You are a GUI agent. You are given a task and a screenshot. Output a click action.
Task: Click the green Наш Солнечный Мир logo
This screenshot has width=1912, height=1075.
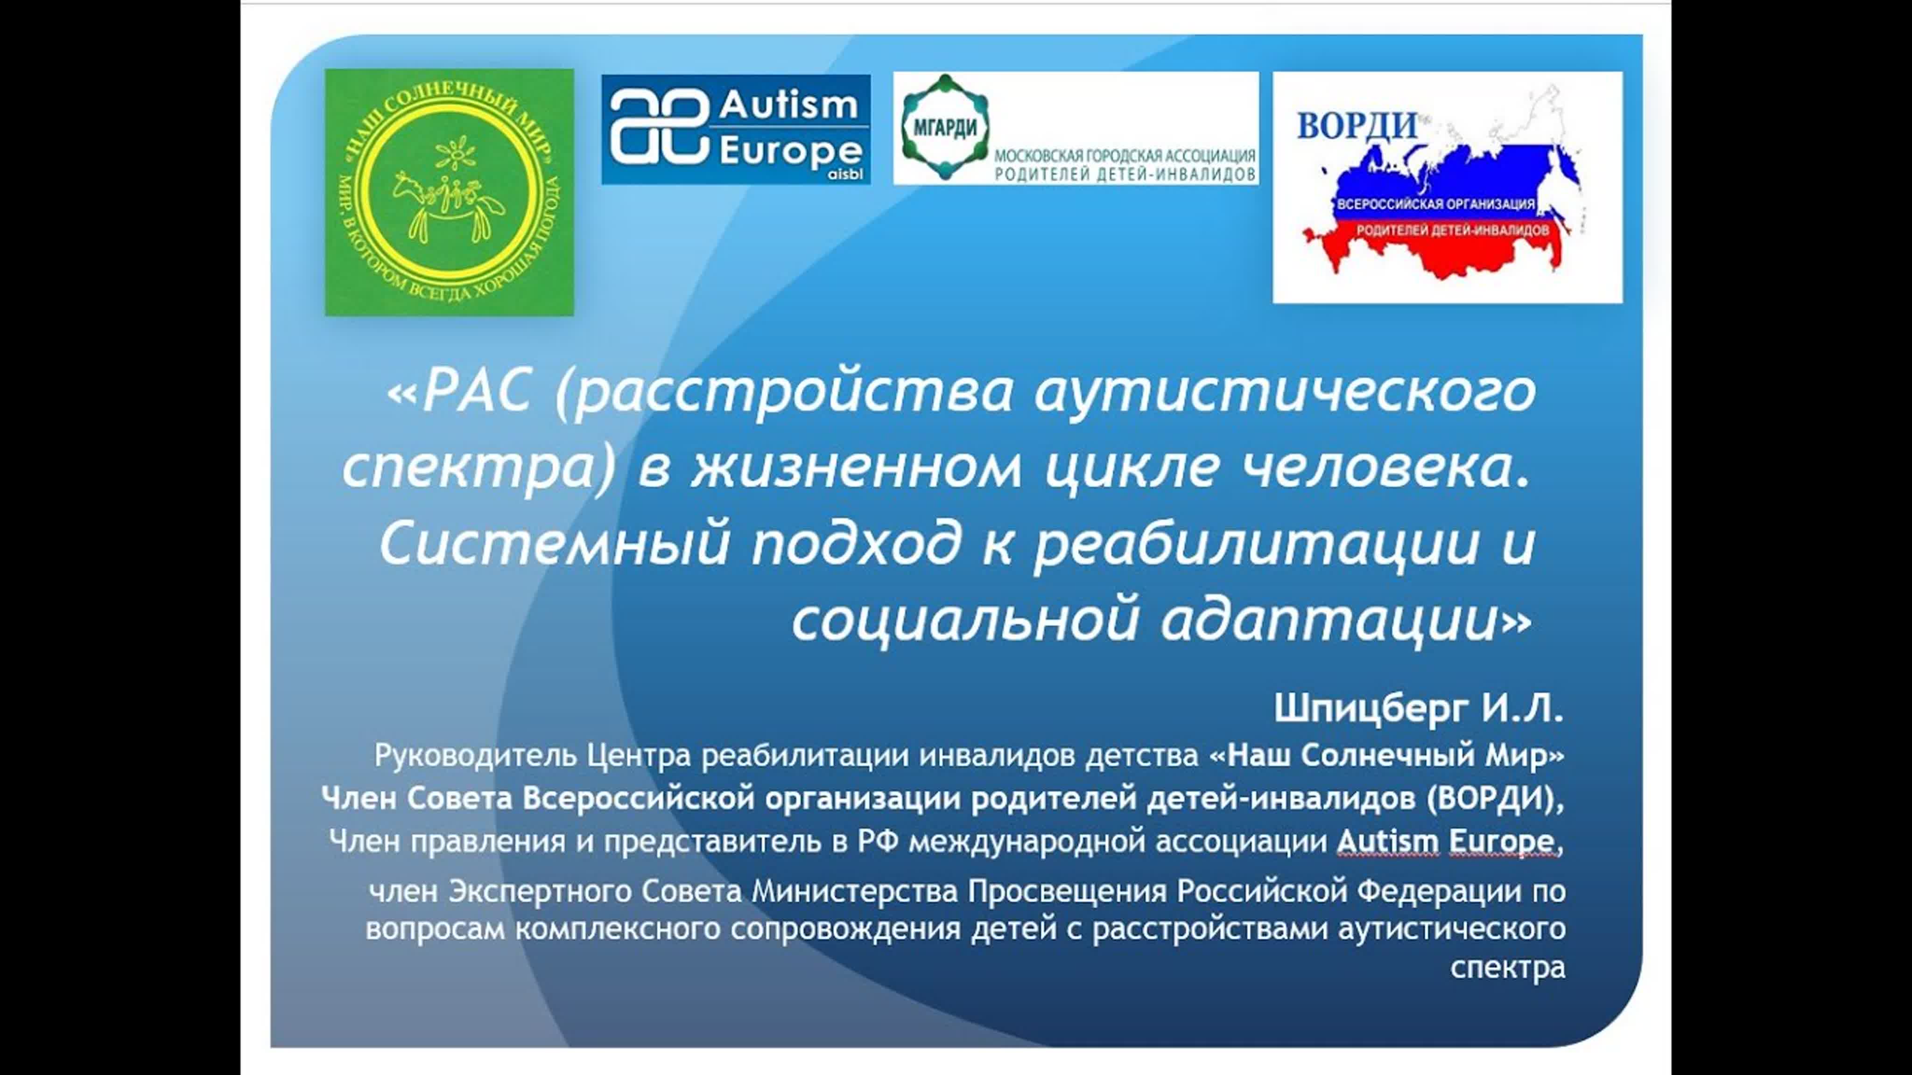(x=449, y=192)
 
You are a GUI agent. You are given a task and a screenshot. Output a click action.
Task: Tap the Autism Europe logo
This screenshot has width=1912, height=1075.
(x=736, y=129)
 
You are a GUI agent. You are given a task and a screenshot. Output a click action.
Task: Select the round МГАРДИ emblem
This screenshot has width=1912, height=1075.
(x=944, y=127)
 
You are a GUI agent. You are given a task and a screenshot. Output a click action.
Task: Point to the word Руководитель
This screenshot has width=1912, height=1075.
(x=475, y=756)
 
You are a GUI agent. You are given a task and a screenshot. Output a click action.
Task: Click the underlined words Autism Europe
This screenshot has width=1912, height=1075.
(x=1446, y=841)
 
